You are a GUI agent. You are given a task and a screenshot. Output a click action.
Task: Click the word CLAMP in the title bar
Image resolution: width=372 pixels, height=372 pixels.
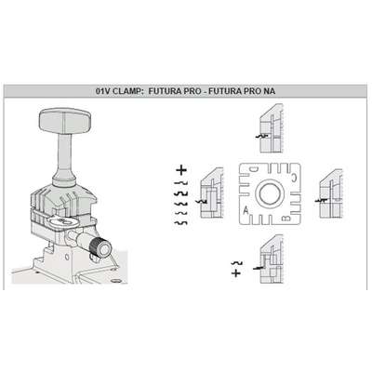tap(127, 91)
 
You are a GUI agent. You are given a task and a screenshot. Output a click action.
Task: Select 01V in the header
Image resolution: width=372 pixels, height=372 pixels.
tap(103, 91)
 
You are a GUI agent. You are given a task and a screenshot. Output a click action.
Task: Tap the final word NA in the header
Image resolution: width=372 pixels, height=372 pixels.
tap(269, 91)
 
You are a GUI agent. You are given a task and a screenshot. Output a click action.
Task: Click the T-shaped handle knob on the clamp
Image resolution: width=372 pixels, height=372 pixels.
tap(65, 122)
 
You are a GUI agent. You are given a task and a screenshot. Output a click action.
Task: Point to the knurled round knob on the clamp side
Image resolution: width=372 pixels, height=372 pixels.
tap(100, 247)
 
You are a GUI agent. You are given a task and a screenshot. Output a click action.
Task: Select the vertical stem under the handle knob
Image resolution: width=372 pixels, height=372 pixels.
tap(65, 155)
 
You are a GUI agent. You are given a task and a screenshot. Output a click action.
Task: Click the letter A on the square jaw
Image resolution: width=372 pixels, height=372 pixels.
tap(246, 210)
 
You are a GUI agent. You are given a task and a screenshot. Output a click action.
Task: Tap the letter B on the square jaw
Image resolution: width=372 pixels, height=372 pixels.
tap(286, 219)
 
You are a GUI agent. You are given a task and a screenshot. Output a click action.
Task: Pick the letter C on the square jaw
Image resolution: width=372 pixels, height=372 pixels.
tap(294, 177)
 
